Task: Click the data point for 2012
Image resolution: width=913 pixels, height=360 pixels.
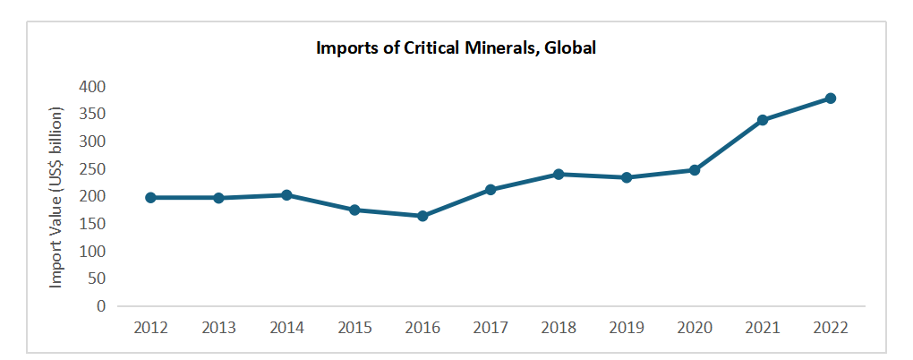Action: tap(150, 197)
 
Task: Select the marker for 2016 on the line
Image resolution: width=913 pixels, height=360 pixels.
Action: tap(422, 216)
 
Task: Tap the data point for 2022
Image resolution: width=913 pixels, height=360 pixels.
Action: tap(830, 98)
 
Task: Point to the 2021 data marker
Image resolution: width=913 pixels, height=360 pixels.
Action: tap(763, 120)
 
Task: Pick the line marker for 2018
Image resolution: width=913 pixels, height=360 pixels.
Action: tap(559, 174)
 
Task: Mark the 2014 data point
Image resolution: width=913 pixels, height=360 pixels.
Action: tap(286, 194)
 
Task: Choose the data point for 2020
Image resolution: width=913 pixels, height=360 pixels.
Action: tap(695, 169)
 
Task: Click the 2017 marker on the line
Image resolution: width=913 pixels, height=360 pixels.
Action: tap(491, 189)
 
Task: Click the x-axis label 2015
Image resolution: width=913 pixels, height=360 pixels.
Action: tap(354, 328)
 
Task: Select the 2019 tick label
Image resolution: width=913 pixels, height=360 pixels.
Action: tap(627, 328)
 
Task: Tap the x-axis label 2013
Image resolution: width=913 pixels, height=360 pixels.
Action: tap(218, 328)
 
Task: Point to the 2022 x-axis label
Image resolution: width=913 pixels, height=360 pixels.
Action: tap(830, 328)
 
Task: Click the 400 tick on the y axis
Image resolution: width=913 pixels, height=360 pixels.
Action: tap(91, 87)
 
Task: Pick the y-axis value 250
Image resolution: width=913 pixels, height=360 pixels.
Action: tap(91, 169)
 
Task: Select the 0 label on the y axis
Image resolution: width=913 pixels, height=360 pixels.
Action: tap(100, 306)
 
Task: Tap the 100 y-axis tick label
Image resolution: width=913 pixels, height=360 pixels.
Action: tap(91, 252)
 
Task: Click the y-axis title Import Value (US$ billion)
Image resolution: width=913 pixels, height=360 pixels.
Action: tap(56, 197)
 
